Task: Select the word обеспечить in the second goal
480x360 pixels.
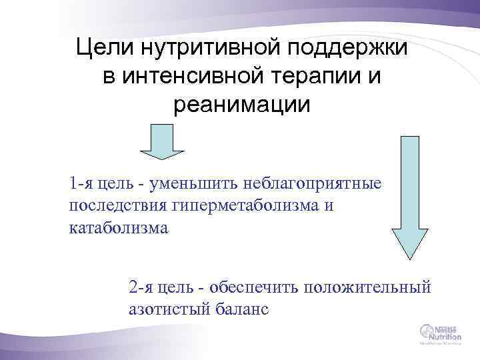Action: pos(254,287)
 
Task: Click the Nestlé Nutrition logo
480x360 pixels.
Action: pos(439,333)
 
